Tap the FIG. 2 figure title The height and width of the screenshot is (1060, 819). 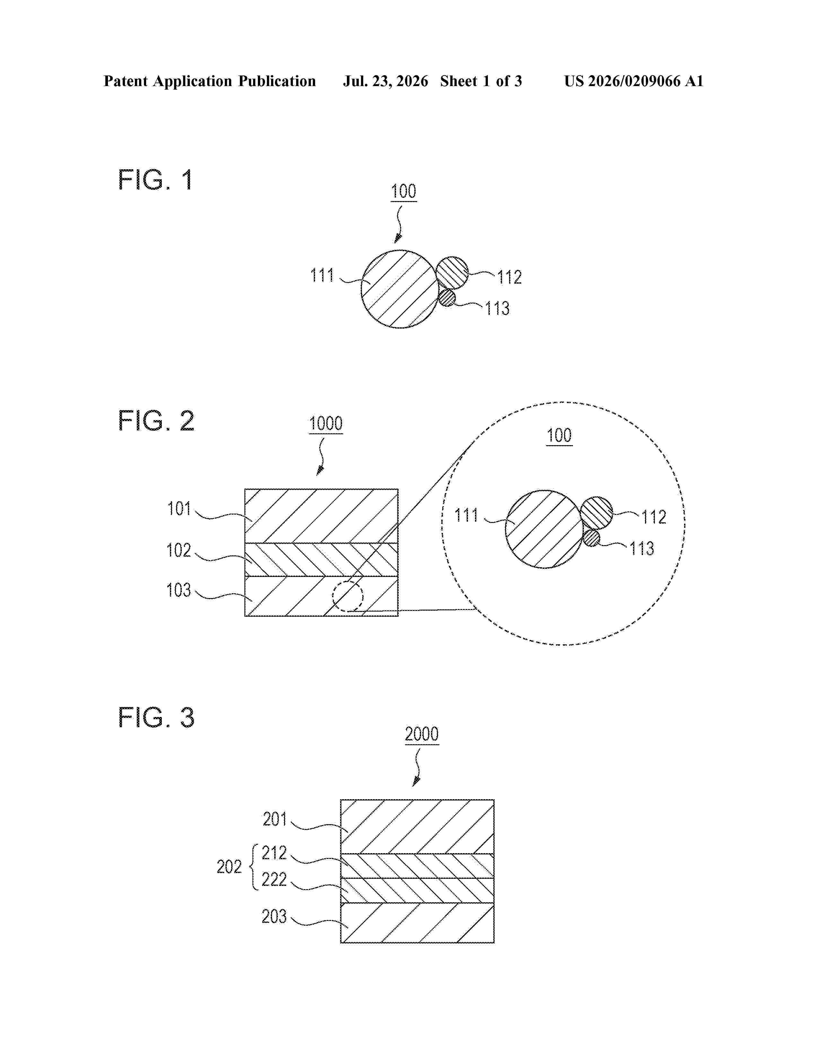point(156,420)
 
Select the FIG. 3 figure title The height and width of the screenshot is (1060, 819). point(156,717)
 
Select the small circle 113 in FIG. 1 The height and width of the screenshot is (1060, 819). point(448,297)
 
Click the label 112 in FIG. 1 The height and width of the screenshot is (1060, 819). point(509,277)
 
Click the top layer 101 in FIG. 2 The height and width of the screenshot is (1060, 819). point(321,516)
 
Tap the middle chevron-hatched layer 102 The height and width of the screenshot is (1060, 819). point(321,559)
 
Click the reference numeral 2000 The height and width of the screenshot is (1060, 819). point(422,734)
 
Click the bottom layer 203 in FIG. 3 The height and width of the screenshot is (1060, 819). point(417,923)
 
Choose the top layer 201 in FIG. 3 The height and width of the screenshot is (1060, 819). point(417,826)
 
